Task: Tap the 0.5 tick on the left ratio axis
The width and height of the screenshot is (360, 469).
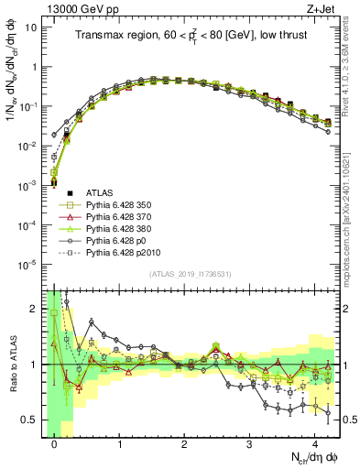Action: click(x=29, y=420)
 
